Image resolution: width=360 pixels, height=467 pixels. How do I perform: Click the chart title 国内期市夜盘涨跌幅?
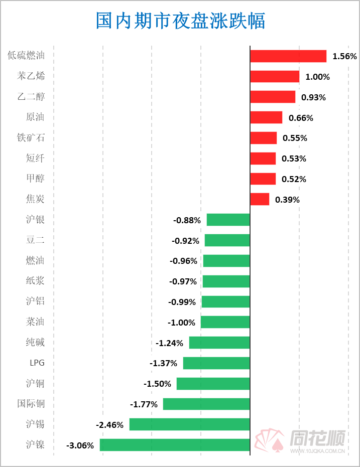(180, 21)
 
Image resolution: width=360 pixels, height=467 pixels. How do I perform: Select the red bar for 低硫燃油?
(288, 56)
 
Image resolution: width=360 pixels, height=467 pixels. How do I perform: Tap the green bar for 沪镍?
(175, 445)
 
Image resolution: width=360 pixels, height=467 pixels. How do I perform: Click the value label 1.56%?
(344, 56)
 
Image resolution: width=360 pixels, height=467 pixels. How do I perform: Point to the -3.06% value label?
(80, 445)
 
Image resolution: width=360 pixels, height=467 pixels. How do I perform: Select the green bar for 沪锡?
(189, 424)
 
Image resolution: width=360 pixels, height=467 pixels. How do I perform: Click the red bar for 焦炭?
(260, 199)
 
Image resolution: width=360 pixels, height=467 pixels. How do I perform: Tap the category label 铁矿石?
(31, 137)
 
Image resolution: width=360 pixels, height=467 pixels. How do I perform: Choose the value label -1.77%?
(144, 404)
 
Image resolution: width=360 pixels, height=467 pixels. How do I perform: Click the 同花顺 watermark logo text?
(318, 439)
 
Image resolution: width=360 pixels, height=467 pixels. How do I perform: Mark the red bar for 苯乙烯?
(275, 77)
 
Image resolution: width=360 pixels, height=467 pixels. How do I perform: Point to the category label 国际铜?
(31, 404)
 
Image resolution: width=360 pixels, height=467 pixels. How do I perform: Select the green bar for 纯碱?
(219, 343)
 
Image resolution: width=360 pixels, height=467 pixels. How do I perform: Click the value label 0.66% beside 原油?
(301, 118)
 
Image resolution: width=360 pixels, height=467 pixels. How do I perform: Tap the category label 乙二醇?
(31, 97)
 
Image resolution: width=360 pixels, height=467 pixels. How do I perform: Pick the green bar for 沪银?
(228, 220)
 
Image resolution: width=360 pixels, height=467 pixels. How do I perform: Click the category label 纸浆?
(35, 281)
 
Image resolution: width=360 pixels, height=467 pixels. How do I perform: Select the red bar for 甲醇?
(263, 179)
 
